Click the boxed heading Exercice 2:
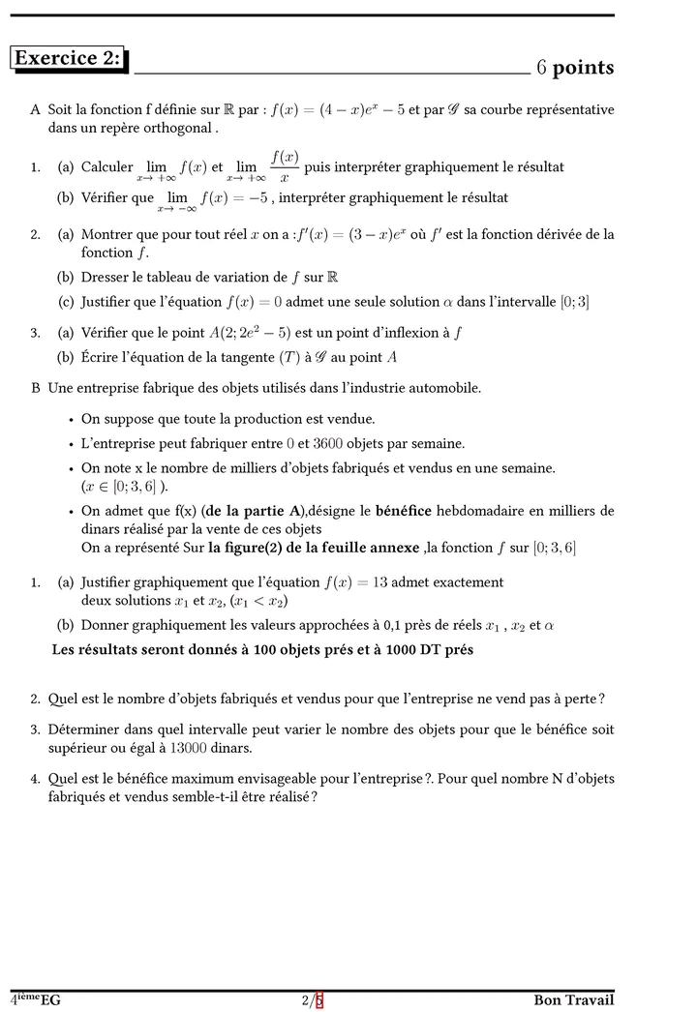click(68, 59)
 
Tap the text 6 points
click(575, 67)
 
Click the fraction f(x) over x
click(284, 166)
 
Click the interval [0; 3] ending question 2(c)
click(575, 302)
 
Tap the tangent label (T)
click(267, 357)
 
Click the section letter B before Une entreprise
click(36, 389)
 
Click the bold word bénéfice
click(403, 511)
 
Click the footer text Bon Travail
click(573, 1000)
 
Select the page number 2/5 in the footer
click(312, 1000)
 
